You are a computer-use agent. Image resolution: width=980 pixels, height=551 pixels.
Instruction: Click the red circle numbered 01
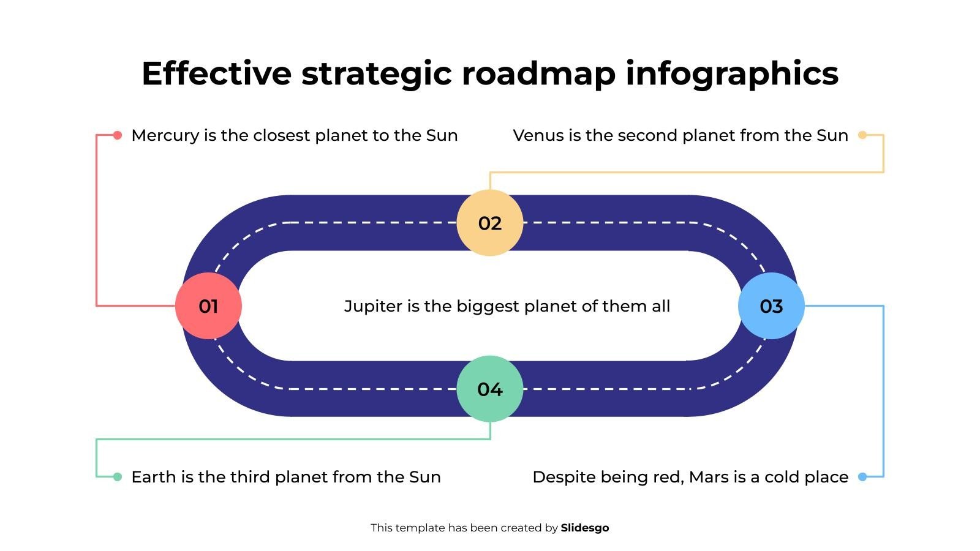208,305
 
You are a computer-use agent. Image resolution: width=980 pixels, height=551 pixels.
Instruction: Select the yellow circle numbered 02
489,223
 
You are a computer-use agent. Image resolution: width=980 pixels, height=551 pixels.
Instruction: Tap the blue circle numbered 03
771,305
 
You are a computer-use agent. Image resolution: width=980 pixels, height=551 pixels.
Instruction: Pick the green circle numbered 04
489,389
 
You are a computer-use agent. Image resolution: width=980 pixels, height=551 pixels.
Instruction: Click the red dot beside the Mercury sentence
117,135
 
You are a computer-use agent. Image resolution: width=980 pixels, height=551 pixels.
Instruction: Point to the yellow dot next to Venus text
862,135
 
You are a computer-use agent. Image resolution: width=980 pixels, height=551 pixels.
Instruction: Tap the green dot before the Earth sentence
117,477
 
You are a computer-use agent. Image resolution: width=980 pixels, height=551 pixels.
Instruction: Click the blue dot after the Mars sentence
862,477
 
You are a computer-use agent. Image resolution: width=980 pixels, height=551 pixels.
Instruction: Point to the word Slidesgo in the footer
584,528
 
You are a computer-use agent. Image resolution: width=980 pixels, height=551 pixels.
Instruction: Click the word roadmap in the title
538,74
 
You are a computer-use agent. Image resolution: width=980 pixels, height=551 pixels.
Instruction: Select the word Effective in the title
217,73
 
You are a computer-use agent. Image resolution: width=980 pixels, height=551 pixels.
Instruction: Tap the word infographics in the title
732,74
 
